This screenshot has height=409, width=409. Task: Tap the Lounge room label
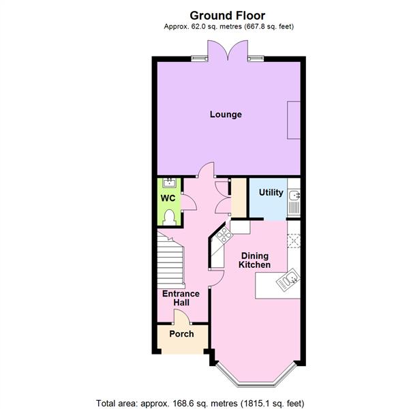(225, 115)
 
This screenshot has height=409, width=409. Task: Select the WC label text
(168, 198)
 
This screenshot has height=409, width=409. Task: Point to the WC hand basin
(168, 183)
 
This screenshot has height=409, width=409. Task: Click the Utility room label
(271, 193)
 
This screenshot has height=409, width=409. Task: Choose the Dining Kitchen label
(255, 260)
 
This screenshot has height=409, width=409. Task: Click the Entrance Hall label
(180, 298)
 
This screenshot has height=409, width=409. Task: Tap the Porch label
(181, 334)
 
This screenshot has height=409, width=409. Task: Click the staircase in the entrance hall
(171, 262)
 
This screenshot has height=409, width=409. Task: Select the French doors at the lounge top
(226, 52)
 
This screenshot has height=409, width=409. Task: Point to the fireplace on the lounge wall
(294, 120)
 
